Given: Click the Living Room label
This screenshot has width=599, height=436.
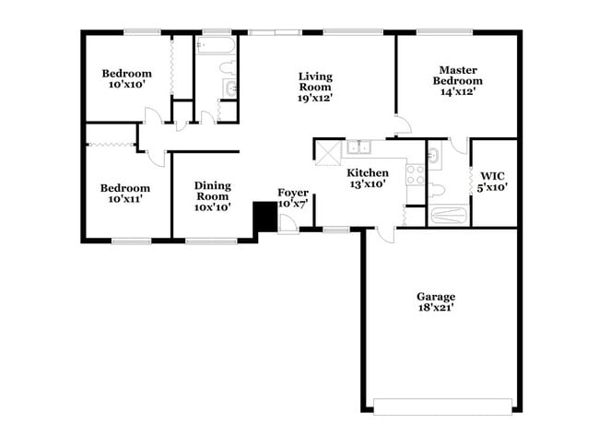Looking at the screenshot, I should click(315, 86).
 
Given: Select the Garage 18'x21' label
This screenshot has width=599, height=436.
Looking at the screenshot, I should click(436, 302).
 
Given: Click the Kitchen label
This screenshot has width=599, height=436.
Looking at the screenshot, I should click(367, 178).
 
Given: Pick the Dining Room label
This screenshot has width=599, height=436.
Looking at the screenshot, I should click(212, 196).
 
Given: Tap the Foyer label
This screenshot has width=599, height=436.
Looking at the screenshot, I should click(293, 197).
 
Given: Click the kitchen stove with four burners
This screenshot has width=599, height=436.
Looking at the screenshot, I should click(415, 174).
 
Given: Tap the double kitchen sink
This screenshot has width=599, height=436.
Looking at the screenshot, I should click(358, 147).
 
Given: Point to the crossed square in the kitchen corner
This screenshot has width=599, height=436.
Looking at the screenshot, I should click(329, 153).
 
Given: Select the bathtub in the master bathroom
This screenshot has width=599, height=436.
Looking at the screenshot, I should click(449, 216).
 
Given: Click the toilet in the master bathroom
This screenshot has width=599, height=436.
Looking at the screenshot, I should click(438, 190).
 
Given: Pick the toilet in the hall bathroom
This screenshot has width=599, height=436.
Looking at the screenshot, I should click(226, 68).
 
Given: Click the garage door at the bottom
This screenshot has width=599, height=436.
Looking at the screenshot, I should click(442, 406).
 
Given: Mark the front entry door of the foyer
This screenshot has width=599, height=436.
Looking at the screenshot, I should click(288, 224).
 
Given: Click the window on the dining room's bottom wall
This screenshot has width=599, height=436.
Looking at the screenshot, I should click(211, 241).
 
